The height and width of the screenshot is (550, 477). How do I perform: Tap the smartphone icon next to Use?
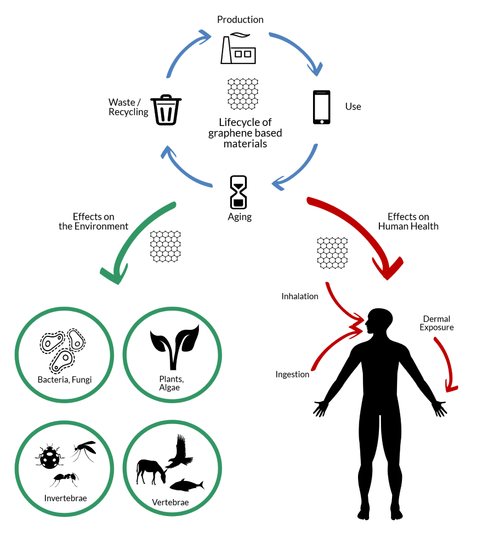(x=322, y=107)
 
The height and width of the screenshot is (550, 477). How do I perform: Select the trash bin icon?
(x=167, y=110)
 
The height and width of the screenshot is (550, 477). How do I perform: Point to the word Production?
(x=240, y=20)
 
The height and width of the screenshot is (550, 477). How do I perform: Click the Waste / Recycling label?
(x=128, y=107)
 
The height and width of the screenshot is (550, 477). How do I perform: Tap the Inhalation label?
(x=300, y=296)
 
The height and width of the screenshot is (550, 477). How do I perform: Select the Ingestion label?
(x=292, y=375)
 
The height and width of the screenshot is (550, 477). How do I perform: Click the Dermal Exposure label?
(x=436, y=323)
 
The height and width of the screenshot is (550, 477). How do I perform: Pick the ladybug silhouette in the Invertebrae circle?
(x=49, y=456)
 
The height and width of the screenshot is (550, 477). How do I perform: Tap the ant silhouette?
(x=65, y=479)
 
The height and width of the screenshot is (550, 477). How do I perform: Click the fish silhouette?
(x=186, y=485)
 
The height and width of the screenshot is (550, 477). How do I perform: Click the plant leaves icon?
(x=174, y=345)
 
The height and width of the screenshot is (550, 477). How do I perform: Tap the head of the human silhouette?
(x=379, y=322)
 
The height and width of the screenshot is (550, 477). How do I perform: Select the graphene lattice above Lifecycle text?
(x=243, y=93)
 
